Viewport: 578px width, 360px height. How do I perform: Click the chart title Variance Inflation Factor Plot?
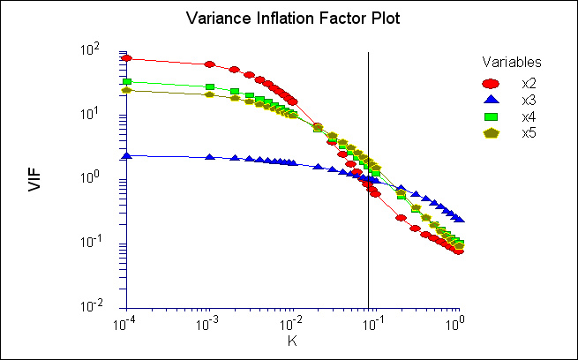tap(289, 19)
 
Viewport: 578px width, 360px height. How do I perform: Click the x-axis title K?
tap(292, 340)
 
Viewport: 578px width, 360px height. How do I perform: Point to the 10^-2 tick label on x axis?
tap(292, 323)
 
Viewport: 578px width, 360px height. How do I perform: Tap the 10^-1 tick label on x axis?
tap(375, 323)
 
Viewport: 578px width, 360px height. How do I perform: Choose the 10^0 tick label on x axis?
tap(457, 323)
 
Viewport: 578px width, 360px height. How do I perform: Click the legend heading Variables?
tap(512, 63)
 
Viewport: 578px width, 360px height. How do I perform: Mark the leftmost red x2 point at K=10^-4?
tap(127, 59)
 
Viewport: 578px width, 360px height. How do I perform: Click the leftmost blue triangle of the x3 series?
tap(127, 155)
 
